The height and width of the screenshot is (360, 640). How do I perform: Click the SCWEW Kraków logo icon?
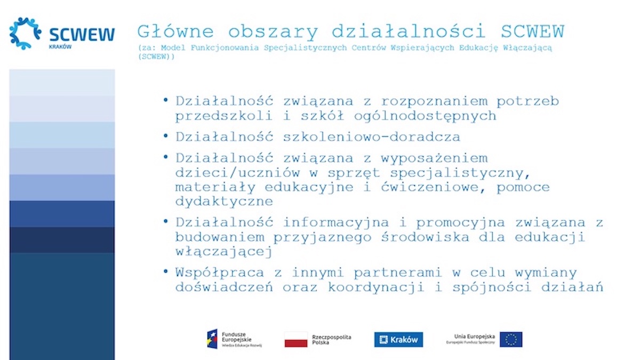25,33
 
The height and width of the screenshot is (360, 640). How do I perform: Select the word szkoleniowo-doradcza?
372,137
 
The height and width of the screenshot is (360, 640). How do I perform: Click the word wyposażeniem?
434,158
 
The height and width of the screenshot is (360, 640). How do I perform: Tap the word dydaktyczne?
224,202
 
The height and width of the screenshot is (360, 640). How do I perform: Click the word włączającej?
224,251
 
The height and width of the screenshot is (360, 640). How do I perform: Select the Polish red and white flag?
295,339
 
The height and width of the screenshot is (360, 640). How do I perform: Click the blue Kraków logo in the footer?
398,339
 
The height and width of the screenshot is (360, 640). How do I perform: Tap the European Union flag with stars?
511,339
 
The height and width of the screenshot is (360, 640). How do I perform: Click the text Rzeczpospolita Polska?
331,339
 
